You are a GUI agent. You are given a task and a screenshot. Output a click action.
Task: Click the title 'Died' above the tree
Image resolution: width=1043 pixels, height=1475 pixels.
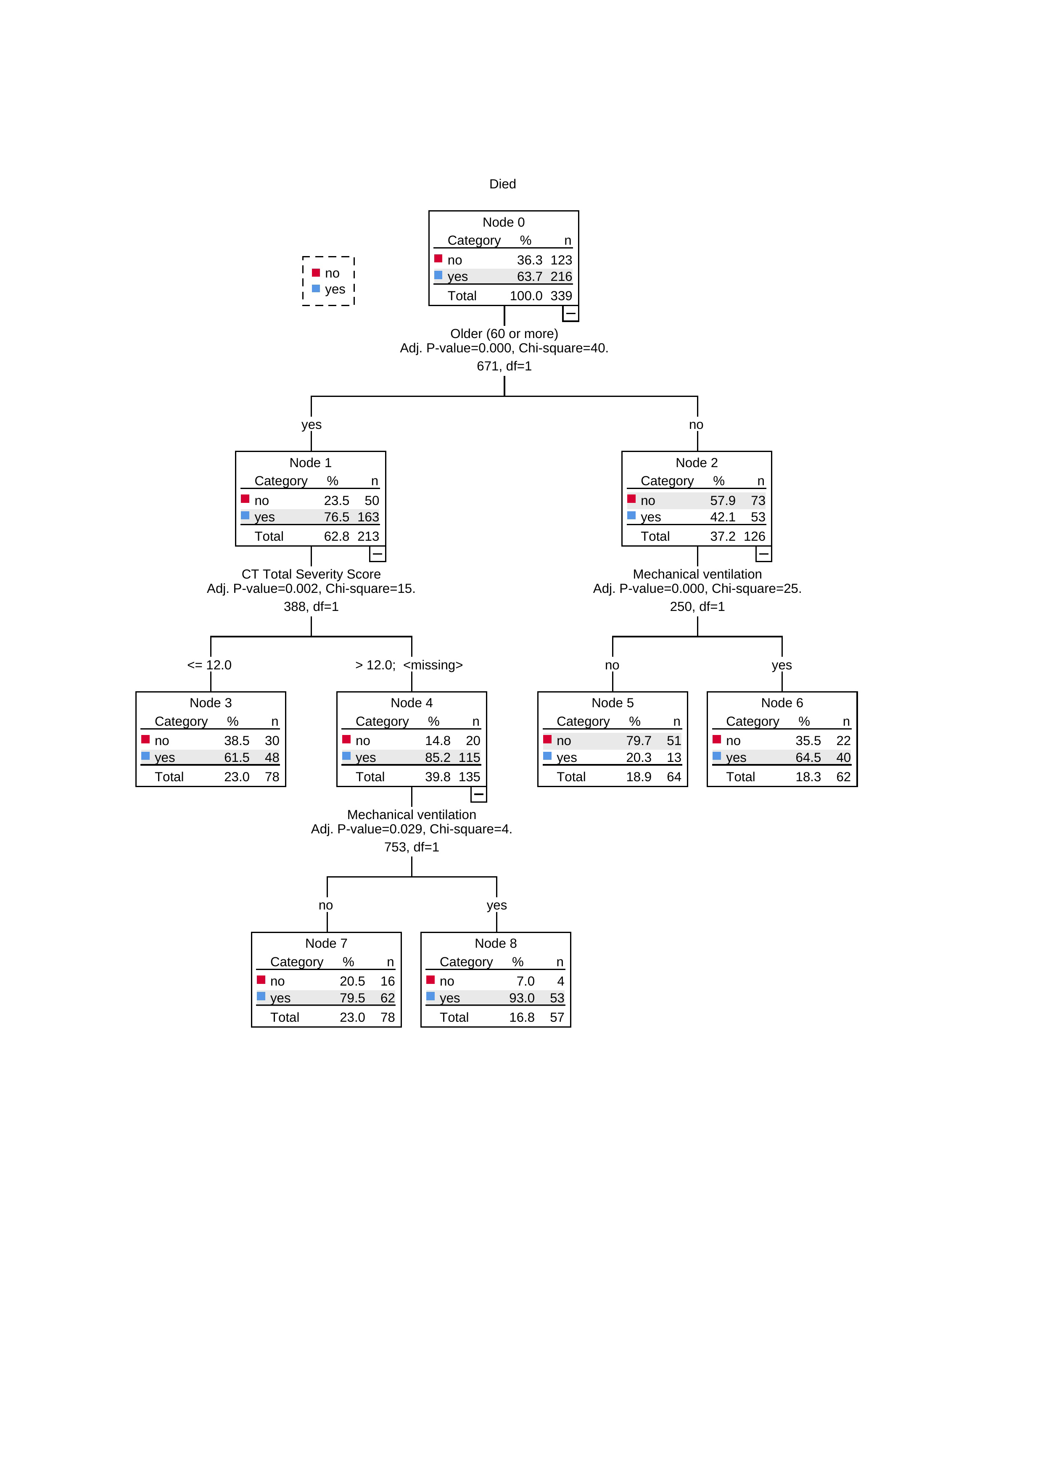502,184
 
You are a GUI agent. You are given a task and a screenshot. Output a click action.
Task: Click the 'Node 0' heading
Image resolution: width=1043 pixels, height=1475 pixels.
504,222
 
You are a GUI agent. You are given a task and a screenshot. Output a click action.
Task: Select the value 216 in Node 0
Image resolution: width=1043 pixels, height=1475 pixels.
561,277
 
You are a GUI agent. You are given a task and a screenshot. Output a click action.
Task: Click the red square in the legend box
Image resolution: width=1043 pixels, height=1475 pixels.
316,273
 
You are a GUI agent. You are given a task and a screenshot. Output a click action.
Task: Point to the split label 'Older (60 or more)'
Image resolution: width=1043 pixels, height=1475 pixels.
504,334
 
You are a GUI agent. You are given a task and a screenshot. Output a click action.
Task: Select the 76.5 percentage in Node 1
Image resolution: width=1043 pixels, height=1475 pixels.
337,517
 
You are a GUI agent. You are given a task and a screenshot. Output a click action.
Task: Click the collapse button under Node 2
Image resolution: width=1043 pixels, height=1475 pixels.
763,554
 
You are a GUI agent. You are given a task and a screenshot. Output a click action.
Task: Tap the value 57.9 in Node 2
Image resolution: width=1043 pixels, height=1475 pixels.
723,500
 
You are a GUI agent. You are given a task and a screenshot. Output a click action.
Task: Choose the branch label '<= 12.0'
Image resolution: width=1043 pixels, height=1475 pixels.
209,665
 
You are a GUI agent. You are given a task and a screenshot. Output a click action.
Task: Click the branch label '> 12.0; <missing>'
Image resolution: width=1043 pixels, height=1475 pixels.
409,665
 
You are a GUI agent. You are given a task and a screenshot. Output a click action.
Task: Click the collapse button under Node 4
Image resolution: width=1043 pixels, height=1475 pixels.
478,794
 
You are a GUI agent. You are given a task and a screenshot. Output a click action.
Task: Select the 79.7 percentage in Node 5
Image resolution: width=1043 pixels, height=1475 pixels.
639,741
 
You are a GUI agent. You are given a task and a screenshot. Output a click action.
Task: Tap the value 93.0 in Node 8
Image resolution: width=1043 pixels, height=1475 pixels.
521,998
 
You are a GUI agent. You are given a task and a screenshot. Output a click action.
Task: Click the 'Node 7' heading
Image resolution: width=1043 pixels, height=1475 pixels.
326,943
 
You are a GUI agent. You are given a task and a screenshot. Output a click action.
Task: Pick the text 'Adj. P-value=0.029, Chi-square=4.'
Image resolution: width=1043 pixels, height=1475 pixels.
412,829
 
